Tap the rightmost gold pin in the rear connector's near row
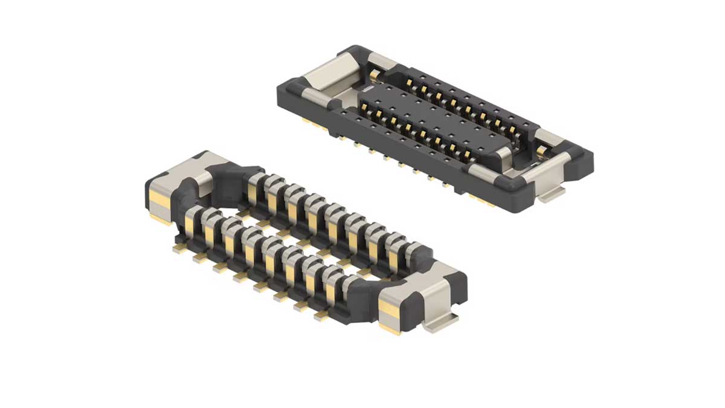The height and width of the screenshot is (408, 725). tap(468, 155)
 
